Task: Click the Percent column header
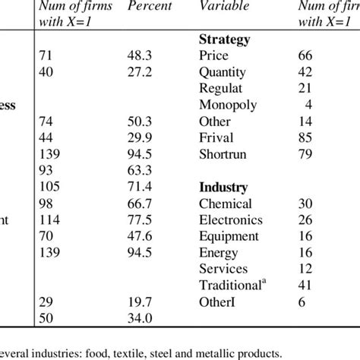click(149, 6)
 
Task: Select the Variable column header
click(223, 6)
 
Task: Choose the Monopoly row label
click(228, 106)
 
